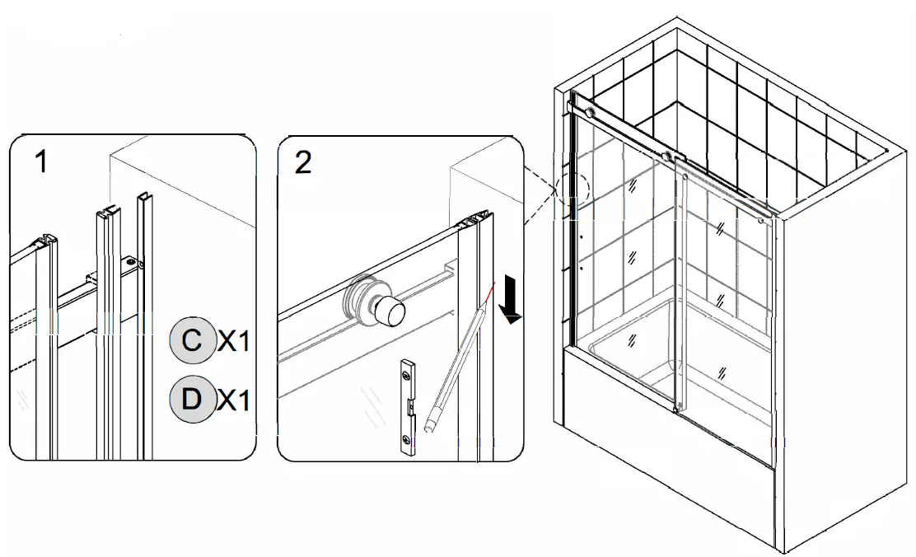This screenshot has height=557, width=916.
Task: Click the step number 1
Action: [40, 163]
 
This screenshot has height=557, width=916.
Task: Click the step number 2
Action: [303, 163]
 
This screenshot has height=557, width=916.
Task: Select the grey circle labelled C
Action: [191, 340]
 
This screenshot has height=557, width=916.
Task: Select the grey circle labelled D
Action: [191, 400]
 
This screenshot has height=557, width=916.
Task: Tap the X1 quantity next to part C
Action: [233, 341]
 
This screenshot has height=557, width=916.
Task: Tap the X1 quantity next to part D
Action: [233, 400]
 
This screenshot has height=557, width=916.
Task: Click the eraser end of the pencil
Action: [428, 427]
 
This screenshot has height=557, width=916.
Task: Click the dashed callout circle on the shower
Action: [572, 189]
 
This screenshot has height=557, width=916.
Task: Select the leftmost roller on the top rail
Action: [589, 112]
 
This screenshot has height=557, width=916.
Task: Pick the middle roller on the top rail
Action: [668, 155]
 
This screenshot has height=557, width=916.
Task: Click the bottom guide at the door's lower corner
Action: [675, 408]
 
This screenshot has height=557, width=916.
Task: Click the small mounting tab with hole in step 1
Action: [131, 264]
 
